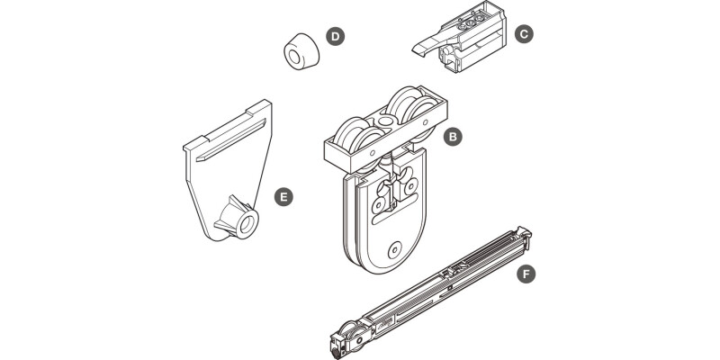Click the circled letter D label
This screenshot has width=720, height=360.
pos(335,36)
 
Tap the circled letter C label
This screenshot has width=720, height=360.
pos(524,33)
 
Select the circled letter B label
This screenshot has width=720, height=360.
pos(453,137)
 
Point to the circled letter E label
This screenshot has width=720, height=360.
pos(283,197)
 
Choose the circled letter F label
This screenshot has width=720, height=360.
pos(526,274)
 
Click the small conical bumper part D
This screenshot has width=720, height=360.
pos(301,51)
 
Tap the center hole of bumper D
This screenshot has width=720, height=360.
pos(294,57)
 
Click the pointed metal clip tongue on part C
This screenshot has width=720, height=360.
pos(429,45)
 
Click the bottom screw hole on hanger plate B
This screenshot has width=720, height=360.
pos(394,250)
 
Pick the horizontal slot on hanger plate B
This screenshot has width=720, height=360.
pos(394,212)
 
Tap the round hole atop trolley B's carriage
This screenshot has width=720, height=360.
pos(387,121)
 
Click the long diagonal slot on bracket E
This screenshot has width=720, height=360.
pos(231,140)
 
